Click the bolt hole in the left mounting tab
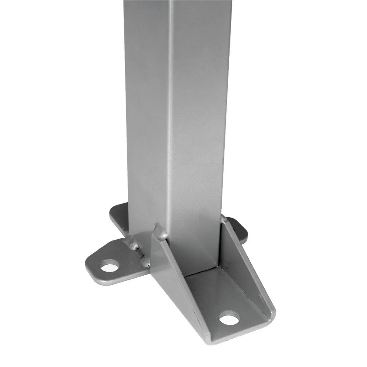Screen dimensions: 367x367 click(x=110, y=265)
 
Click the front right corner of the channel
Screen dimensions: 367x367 click(x=273, y=314)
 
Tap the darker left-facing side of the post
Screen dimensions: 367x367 click(x=147, y=110)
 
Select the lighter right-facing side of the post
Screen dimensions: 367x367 click(x=198, y=110)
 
